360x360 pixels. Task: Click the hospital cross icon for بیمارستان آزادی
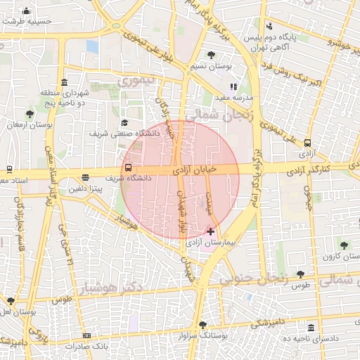click(x=211, y=231)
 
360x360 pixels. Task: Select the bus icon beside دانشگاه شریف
click(x=128, y=168)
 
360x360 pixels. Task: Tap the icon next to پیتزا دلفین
click(x=85, y=178)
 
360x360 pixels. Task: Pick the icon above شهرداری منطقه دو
click(x=65, y=82)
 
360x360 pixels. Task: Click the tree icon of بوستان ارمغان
click(x=30, y=114)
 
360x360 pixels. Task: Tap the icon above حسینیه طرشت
click(x=27, y=11)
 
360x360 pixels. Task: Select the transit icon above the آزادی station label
click(x=307, y=141)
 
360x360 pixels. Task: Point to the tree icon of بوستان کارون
click(x=344, y=245)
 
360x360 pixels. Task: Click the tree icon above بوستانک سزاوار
click(x=203, y=325)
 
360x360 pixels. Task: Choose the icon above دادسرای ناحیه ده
click(x=311, y=328)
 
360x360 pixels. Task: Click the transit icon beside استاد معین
click(x=8, y=169)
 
